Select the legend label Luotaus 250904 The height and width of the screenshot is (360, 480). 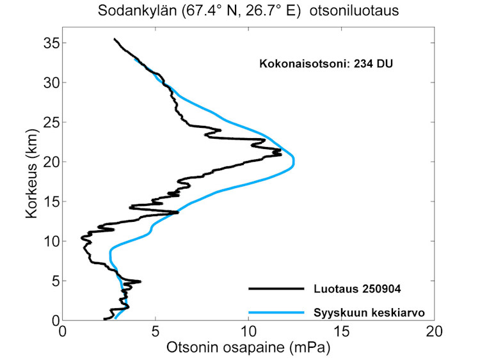point(357,289)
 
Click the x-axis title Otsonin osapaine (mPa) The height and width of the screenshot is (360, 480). point(248,348)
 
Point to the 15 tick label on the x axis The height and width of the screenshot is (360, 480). point(341,333)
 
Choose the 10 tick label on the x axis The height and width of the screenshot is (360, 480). point(248,333)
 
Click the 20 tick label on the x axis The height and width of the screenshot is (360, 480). point(434,333)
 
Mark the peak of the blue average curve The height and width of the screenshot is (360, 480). point(294,161)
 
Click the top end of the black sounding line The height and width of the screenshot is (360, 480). point(115,40)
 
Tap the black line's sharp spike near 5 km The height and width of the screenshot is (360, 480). point(140,281)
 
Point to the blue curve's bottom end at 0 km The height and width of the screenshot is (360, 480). point(115,318)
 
